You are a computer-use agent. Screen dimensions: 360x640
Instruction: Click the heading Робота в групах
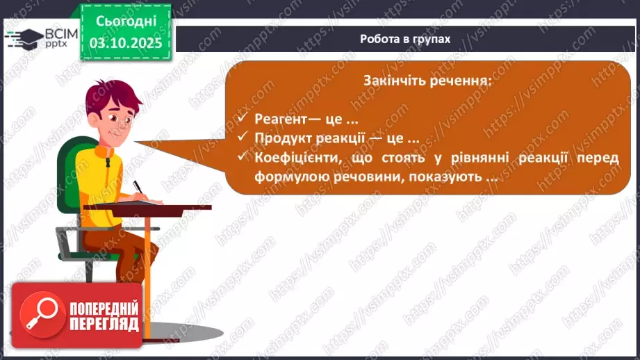pyautogui.click(x=405, y=39)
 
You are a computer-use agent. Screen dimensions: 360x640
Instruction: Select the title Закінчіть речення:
pyautogui.click(x=426, y=80)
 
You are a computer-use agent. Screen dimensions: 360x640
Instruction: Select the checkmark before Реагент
pyautogui.click(x=242, y=118)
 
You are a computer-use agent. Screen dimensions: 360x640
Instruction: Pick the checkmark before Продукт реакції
pyautogui.click(x=242, y=137)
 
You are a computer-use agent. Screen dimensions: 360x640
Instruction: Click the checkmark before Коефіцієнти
pyautogui.click(x=242, y=157)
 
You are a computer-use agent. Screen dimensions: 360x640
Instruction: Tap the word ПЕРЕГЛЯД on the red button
pyautogui.click(x=104, y=325)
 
